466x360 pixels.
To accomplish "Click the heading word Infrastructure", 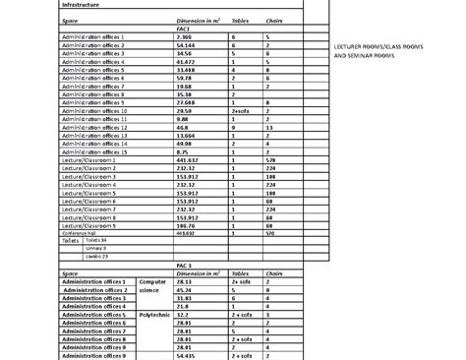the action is [x=83, y=5].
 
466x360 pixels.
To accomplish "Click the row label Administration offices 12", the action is [x=95, y=127].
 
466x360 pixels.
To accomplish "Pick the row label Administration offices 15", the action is [x=95, y=151].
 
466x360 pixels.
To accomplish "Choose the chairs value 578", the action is [x=270, y=160].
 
